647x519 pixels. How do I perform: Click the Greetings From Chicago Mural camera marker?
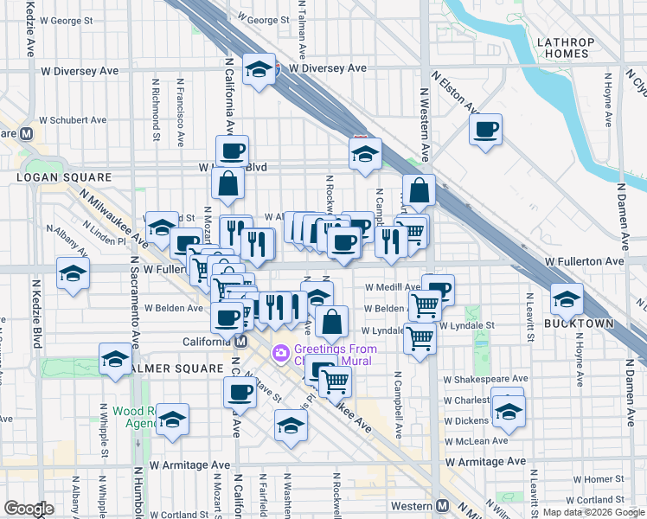(280, 352)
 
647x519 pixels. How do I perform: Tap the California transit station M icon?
(240, 341)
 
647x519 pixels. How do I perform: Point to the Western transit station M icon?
(443, 505)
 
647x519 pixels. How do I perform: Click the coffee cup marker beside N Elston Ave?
(485, 130)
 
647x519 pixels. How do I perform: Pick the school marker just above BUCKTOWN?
(567, 298)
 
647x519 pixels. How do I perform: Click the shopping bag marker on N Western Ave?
(419, 191)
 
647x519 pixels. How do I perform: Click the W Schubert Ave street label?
(72, 120)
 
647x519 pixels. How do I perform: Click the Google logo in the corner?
(29, 509)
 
